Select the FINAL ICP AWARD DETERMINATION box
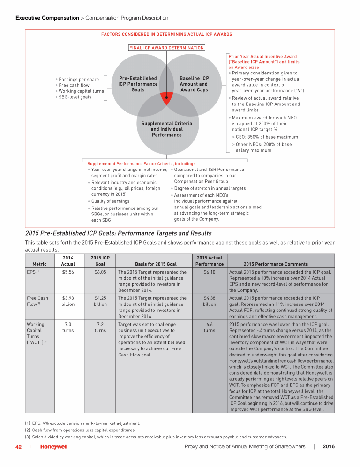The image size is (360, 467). tap(166, 48)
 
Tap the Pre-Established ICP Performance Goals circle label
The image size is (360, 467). tap(138, 84)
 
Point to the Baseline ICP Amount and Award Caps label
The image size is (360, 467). tap(194, 84)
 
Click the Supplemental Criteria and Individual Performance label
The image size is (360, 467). tap(166, 129)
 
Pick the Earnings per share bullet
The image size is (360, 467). tap(77, 80)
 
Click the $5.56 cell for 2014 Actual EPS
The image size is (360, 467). tap(68, 271)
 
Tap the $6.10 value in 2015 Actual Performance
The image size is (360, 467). tap(210, 271)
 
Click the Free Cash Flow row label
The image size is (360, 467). tap(37, 301)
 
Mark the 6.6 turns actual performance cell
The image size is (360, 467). tap(210, 327)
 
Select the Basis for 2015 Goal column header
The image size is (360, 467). tap(156, 264)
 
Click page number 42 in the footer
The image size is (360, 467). tap(19, 447)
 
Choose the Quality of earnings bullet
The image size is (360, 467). tap(110, 201)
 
